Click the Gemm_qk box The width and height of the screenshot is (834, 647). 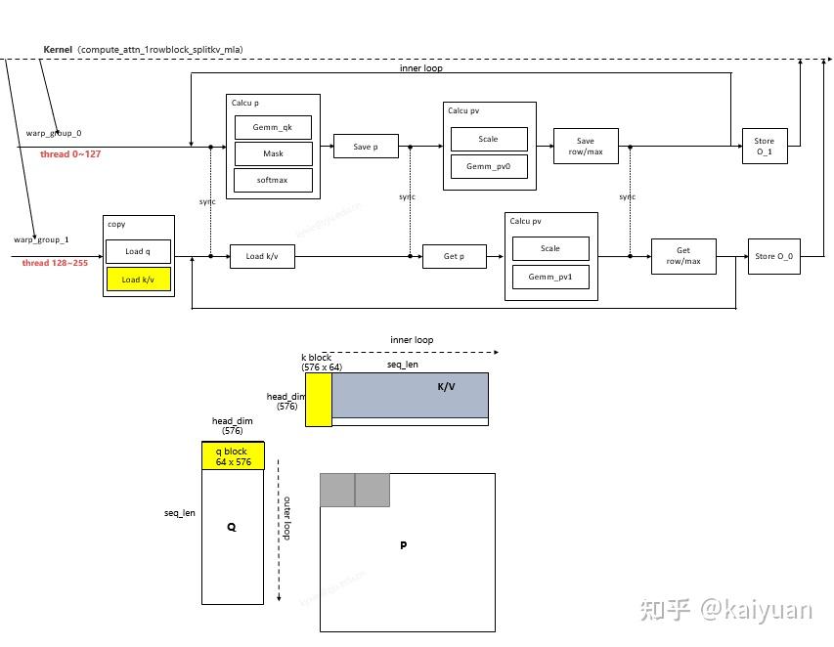coord(273,127)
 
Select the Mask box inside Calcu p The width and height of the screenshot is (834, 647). coord(273,153)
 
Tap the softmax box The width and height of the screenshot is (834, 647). coord(273,180)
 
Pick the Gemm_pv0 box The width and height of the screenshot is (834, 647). coord(488,166)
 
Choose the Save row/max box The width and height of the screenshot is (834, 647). coord(586,147)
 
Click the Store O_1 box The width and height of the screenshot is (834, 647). coord(764,146)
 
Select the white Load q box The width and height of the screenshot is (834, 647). coord(139,251)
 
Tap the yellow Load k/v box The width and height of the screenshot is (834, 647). coord(139,280)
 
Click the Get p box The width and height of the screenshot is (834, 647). coord(454,256)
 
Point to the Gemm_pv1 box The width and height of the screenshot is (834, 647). coord(550,277)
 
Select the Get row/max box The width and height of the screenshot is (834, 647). coord(683,256)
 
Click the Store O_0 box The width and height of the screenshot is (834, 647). coord(773,256)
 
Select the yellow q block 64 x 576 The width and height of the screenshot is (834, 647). coord(233,455)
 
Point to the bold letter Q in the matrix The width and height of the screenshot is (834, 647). coord(232,526)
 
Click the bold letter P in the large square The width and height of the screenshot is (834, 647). coord(403,545)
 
